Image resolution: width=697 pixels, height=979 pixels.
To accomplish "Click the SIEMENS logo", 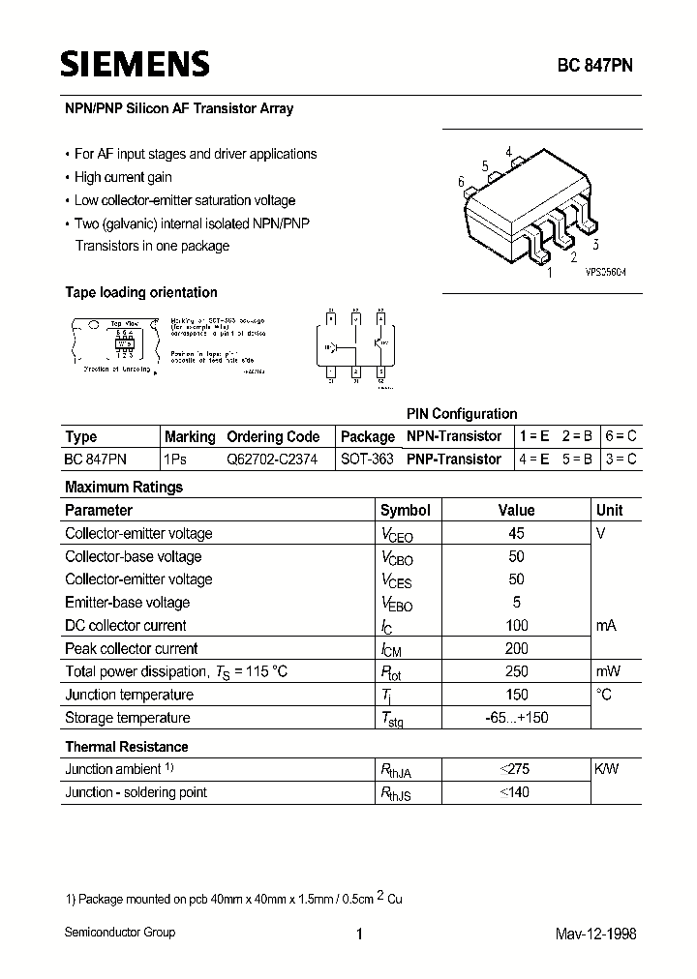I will (x=136, y=64).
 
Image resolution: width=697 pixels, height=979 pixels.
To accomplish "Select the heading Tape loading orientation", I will (x=141, y=292).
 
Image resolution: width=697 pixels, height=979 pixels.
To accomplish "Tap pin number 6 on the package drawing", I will (x=462, y=182).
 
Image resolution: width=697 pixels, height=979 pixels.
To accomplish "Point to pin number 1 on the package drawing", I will (x=551, y=274).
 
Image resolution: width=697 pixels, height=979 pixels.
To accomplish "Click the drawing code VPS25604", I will (x=605, y=274).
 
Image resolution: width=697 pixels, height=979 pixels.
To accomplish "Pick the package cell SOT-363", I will (x=367, y=460).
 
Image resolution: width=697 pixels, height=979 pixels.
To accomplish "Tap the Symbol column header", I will (x=405, y=510).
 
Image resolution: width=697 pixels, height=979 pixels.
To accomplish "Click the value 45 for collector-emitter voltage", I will (x=516, y=533).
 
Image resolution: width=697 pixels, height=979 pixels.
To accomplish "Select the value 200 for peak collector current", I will (x=516, y=648).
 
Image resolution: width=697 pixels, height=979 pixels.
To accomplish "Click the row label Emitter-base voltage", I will (x=127, y=602).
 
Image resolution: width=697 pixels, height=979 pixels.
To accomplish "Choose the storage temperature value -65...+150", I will (x=516, y=718).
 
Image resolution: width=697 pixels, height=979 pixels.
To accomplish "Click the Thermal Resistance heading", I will (x=126, y=747).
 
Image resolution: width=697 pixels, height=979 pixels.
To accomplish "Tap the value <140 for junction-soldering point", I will (x=516, y=792).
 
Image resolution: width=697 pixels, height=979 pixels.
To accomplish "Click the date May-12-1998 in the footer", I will (x=595, y=934).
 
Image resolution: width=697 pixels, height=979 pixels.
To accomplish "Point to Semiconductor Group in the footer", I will (x=120, y=932).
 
